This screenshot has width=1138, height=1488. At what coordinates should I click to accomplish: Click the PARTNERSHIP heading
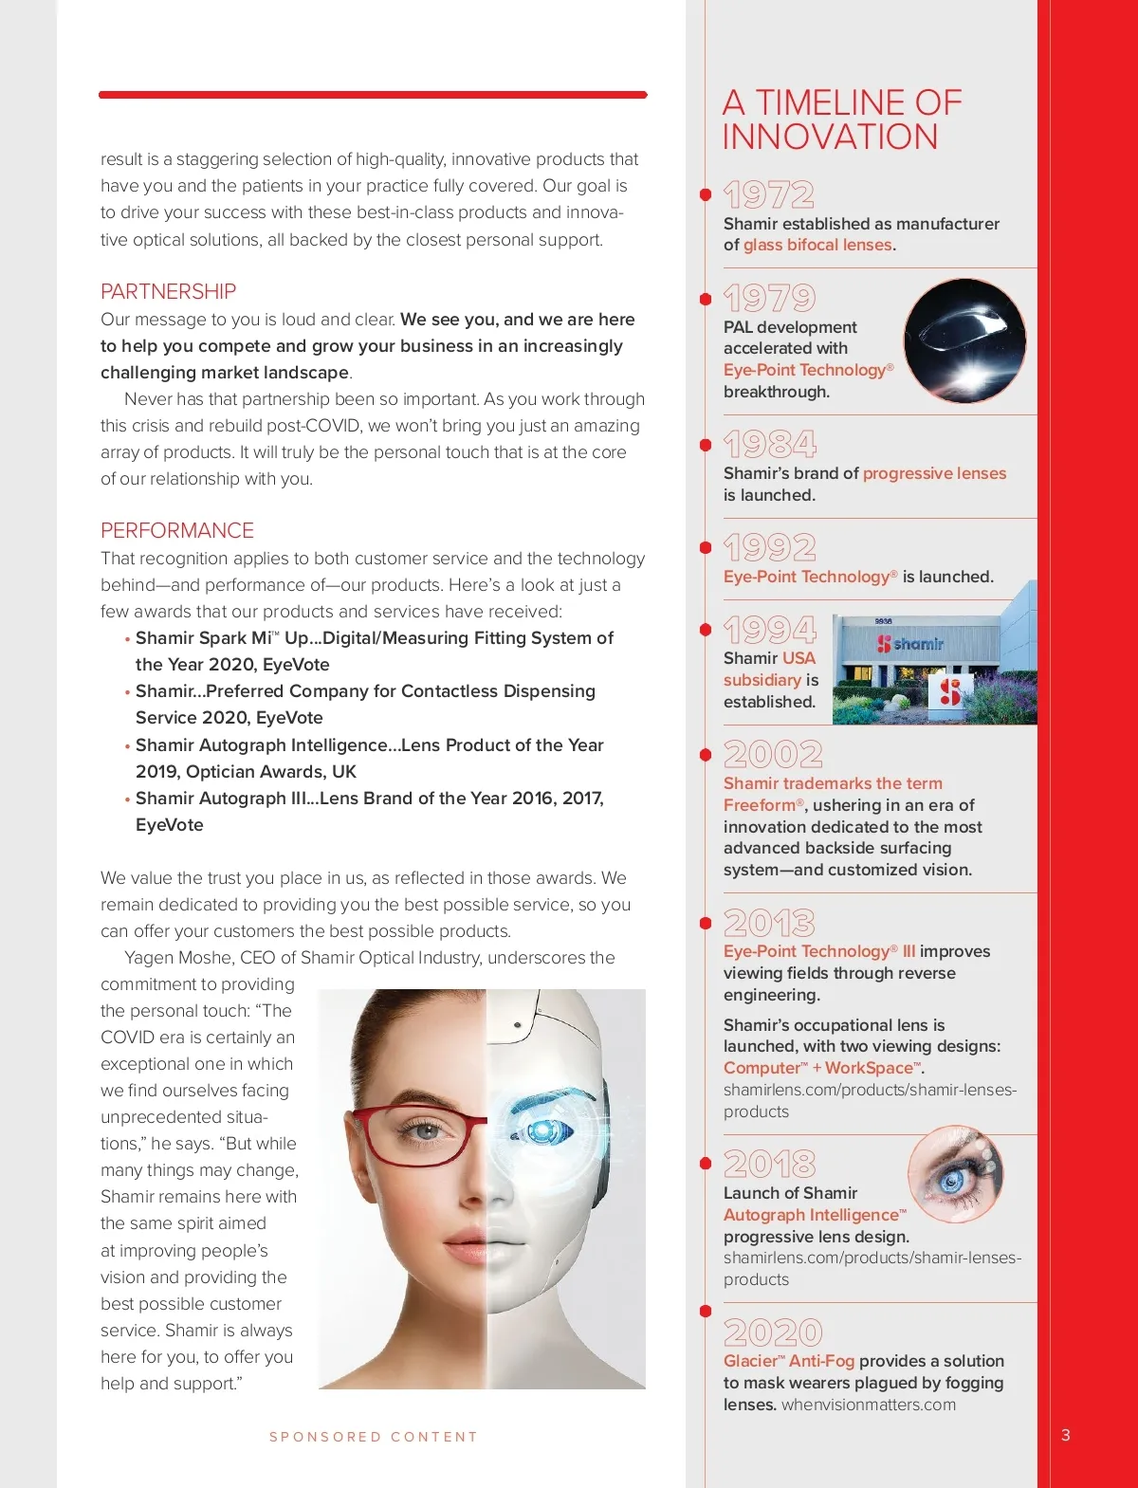tap(168, 291)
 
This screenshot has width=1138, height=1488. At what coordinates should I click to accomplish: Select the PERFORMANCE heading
tap(177, 530)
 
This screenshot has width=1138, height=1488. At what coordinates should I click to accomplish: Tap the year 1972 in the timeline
tap(768, 195)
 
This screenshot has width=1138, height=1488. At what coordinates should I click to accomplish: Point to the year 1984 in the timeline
tap(769, 444)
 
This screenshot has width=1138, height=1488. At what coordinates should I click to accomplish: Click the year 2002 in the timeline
tap(772, 755)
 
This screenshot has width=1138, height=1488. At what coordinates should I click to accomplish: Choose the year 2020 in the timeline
tap(772, 1332)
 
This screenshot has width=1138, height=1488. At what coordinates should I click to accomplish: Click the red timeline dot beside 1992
tap(706, 547)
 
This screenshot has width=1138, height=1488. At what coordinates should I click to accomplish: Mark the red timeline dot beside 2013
tap(706, 923)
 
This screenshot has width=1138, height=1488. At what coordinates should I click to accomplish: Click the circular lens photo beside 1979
tap(964, 340)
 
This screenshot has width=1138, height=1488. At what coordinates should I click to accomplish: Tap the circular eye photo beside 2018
tap(955, 1174)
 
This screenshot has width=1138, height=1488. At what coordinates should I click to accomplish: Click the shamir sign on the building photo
tap(910, 644)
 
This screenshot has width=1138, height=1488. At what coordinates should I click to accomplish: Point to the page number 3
tap(1066, 1435)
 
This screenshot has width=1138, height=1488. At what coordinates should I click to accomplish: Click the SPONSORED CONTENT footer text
tap(374, 1437)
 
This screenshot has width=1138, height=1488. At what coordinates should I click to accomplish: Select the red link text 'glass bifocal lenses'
tap(817, 245)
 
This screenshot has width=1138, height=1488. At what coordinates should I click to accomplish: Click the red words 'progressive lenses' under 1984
tap(934, 473)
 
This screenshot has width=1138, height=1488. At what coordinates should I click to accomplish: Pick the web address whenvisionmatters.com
tap(868, 1405)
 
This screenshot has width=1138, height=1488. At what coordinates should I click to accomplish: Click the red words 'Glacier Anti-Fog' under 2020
tap(788, 1361)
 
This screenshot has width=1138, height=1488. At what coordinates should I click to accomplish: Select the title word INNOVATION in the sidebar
tap(830, 137)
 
